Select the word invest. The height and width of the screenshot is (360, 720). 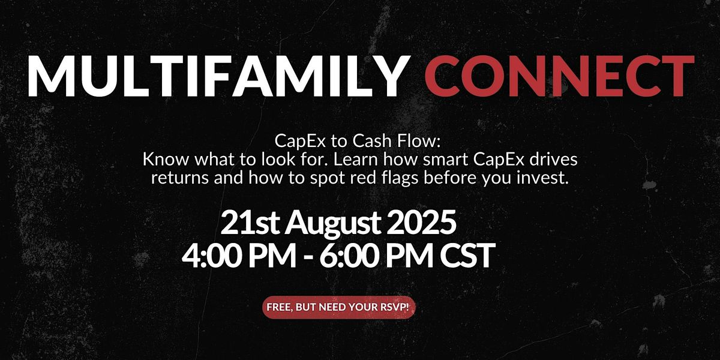point(542,178)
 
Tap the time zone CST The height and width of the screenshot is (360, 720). point(467,256)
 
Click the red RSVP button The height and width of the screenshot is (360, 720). point(339,307)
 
